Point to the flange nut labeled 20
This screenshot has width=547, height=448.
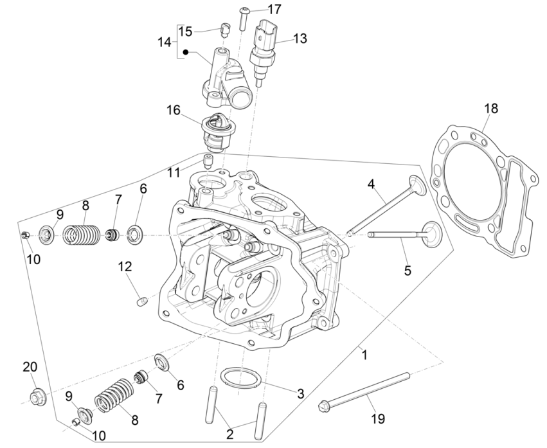coord(36,394)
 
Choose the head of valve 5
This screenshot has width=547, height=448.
coord(429,230)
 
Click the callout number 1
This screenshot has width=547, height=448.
coord(364,354)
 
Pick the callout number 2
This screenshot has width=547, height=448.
coord(230,435)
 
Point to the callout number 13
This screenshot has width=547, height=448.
coord(300,39)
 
